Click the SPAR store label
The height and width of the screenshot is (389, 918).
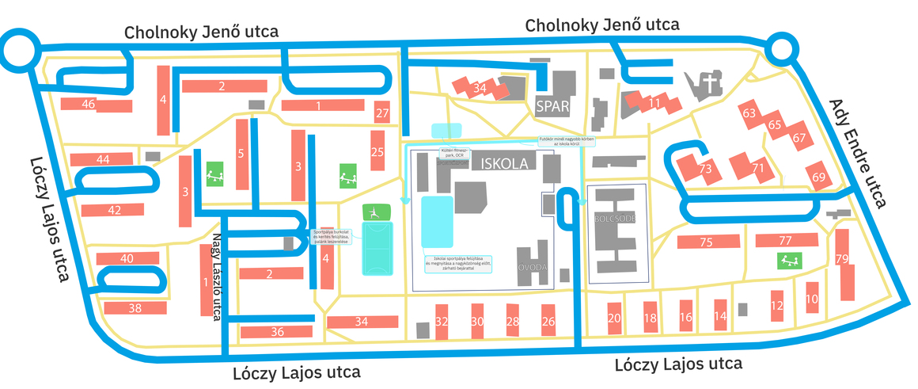click(552, 106)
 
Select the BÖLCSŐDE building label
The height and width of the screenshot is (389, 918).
click(613, 218)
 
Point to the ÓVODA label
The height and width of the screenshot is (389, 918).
click(533, 269)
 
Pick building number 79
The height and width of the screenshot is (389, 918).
click(842, 260)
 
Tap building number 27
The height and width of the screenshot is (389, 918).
click(383, 113)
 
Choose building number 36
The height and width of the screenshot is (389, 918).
click(277, 331)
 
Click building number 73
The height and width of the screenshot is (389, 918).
click(705, 169)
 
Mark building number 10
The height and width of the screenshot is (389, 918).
click(811, 299)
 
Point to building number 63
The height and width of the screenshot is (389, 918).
click(749, 113)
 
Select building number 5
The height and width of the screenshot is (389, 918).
click(241, 153)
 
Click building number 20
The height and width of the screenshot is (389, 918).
click(614, 318)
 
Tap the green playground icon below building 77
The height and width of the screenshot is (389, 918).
click(788, 260)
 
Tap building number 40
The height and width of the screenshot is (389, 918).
click(127, 258)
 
